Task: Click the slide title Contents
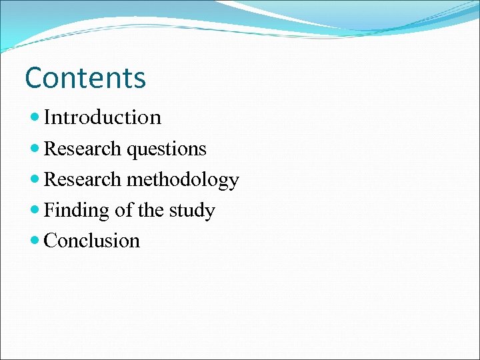(x=85, y=77)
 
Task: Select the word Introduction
(x=102, y=117)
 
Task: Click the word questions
(x=167, y=149)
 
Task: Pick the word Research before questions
(x=83, y=149)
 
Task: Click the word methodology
(x=183, y=180)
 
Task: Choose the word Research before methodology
(x=83, y=180)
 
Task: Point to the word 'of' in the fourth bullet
(x=123, y=211)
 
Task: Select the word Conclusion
(x=92, y=241)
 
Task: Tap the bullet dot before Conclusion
(x=35, y=241)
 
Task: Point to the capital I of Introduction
(x=47, y=117)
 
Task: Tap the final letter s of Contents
(x=140, y=80)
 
